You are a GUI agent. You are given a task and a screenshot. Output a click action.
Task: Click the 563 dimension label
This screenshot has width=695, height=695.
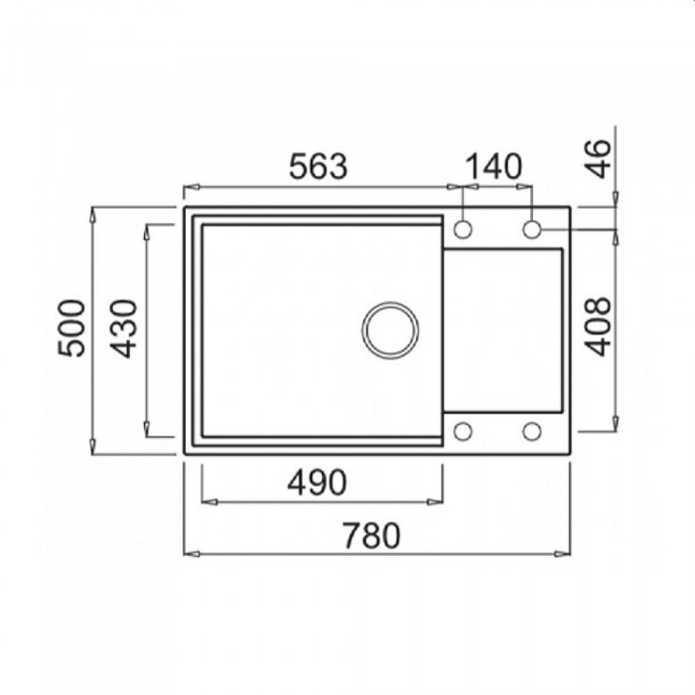tap(319, 166)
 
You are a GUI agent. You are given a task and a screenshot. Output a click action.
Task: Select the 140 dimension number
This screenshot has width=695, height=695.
tap(494, 166)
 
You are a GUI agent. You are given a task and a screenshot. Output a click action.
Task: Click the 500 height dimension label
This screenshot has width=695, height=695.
tap(70, 328)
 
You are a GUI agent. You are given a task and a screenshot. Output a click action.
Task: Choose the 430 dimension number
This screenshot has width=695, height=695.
tap(123, 329)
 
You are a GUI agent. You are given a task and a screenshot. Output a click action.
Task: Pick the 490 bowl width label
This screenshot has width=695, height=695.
tap(317, 483)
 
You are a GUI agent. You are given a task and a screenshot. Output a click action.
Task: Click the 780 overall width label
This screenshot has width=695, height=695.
tap(371, 535)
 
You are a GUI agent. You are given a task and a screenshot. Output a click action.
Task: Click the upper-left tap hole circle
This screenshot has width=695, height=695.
tap(463, 229)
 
